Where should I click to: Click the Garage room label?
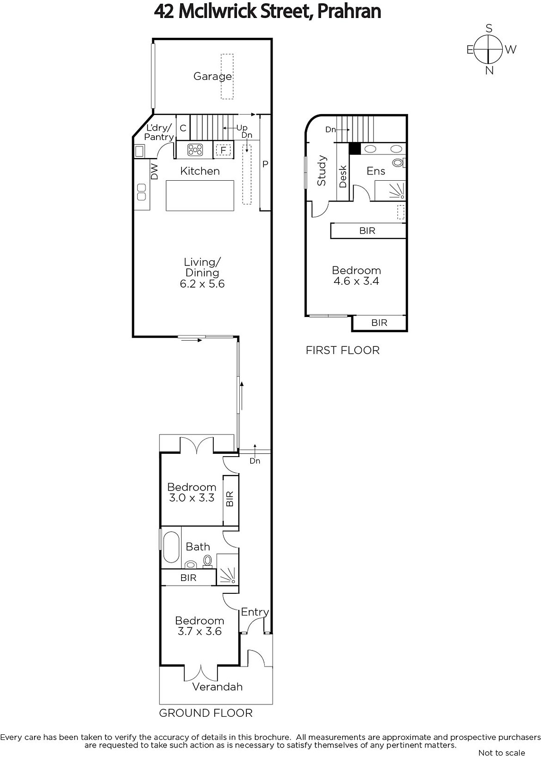point(212,76)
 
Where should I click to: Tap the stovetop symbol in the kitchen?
point(195,150)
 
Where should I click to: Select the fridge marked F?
point(223,150)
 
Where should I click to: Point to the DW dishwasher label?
point(154,172)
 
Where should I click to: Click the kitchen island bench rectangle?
point(200,196)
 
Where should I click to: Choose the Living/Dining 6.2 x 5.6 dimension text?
point(202,283)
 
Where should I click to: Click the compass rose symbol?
point(489,50)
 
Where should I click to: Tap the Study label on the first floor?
point(322,170)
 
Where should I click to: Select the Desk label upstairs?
point(343,176)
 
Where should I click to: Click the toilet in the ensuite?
point(399,163)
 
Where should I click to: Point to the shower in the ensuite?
point(390,191)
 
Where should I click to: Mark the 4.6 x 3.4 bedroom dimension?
point(356,281)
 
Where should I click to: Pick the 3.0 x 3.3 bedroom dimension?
point(192,498)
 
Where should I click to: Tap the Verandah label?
point(218,687)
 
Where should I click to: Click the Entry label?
point(255,612)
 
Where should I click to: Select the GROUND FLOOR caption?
point(206,713)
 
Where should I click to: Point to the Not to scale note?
point(502,752)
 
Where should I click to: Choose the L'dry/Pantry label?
point(159,132)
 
